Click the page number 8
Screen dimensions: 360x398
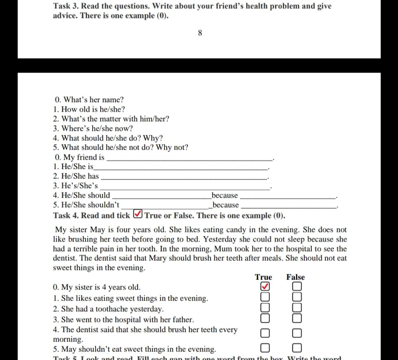pyautogui.click(x=200, y=33)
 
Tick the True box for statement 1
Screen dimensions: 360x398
pyautogui.click(x=265, y=297)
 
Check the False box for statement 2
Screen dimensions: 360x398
pyautogui.click(x=297, y=308)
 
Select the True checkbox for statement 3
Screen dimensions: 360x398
pyautogui.click(x=265, y=318)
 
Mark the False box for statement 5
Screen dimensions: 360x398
pyautogui.click(x=297, y=348)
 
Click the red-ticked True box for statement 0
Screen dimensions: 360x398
pyautogui.click(x=265, y=287)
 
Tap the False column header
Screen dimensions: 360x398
pyautogui.click(x=295, y=277)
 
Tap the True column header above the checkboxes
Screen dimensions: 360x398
pyautogui.click(x=264, y=277)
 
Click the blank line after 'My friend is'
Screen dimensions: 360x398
pyautogui.click(x=190, y=158)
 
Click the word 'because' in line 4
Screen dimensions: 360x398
pyautogui.click(x=224, y=196)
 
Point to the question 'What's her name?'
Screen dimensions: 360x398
pyautogui.click(x=93, y=100)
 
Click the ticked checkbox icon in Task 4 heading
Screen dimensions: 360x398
pyautogui.click(x=138, y=215)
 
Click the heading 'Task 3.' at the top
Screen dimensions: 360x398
pyautogui.click(x=66, y=7)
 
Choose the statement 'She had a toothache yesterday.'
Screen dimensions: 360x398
pyautogui.click(x=112, y=309)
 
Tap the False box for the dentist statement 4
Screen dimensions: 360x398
pyautogui.click(x=297, y=333)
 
